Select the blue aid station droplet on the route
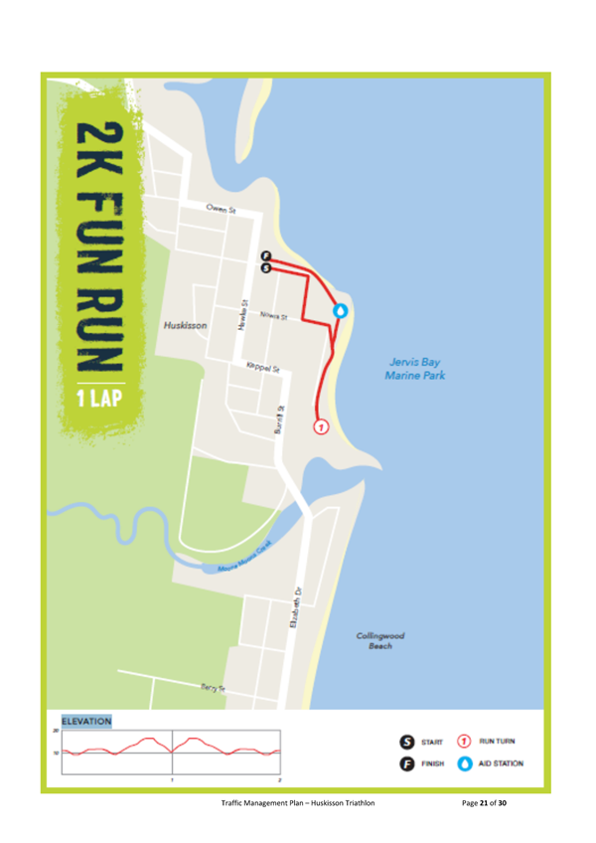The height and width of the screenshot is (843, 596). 341,311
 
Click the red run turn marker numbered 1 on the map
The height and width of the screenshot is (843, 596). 320,426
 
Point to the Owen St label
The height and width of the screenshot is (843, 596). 220,210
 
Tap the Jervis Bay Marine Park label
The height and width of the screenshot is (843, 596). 415,369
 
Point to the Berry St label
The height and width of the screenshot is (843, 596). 213,686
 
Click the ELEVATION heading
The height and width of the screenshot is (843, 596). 86,721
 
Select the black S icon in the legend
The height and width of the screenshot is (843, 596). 407,742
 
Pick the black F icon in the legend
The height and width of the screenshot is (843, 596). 407,763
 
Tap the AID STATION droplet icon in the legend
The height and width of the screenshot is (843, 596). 464,763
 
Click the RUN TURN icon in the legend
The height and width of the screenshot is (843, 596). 464,742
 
